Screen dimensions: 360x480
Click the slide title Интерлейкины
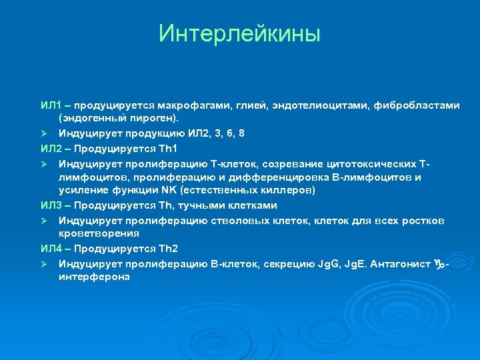[239, 33]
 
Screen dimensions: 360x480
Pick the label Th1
[167, 148]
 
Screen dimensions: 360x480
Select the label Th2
[167, 249]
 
